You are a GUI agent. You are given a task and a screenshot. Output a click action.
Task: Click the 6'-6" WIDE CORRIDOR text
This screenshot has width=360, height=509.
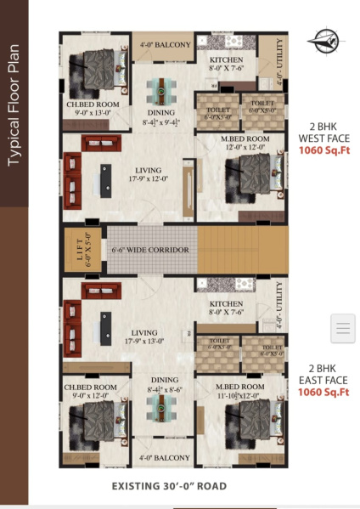pos(149,251)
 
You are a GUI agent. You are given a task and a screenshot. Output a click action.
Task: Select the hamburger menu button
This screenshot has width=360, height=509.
pos(342,327)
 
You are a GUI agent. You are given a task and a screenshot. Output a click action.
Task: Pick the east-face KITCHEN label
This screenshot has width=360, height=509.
pos(227,308)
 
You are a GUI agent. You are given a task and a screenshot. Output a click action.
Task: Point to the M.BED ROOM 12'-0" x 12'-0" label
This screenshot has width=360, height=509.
pos(246,144)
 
